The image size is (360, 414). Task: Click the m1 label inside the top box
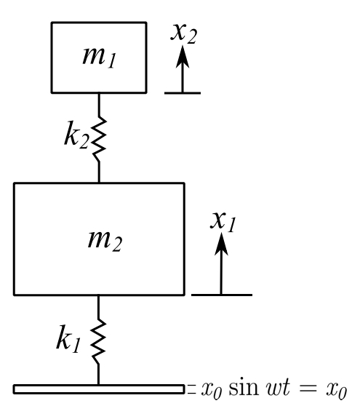[99, 57]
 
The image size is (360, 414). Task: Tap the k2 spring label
[76, 135]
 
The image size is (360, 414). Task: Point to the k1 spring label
[68, 339]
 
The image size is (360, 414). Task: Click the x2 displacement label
[184, 33]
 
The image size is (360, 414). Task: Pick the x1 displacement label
[223, 223]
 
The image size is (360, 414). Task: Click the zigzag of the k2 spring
[99, 139]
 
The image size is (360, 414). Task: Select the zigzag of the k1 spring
[98, 342]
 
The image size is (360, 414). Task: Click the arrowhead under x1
[221, 244]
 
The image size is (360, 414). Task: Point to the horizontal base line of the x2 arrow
[183, 93]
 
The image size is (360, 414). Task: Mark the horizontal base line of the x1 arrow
[222, 295]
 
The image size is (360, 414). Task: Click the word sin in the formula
[244, 388]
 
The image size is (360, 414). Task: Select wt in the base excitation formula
[279, 388]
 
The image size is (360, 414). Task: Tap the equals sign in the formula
[308, 389]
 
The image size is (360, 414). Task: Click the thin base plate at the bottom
[99, 389]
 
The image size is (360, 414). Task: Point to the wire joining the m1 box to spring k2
[99, 105]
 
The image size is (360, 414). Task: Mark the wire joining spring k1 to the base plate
[98, 375]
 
